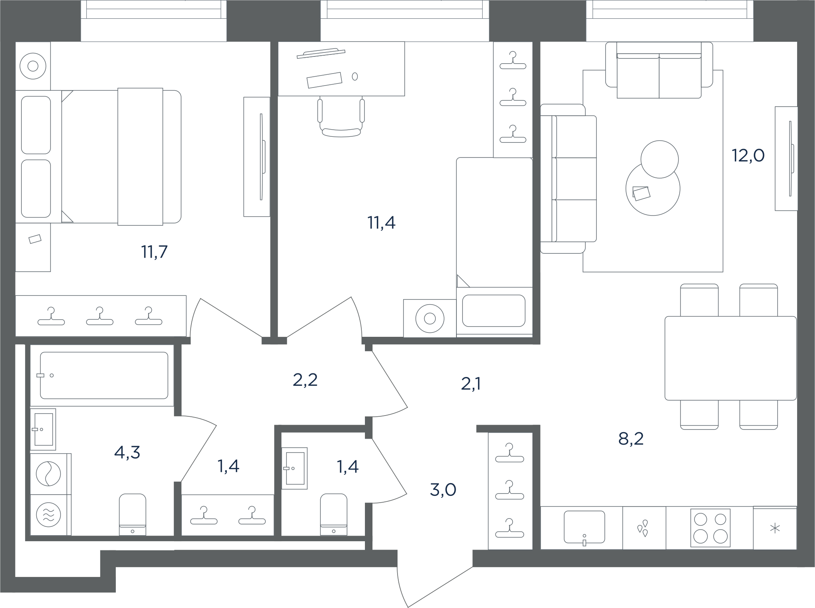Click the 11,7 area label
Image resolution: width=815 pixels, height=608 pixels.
154,252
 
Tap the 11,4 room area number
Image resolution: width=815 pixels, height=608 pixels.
381,223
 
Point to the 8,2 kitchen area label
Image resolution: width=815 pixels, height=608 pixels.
631,439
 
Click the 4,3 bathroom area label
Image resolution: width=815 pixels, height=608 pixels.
127,453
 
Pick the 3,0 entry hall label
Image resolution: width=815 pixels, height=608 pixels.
443,490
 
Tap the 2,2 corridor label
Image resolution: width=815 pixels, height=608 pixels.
305,380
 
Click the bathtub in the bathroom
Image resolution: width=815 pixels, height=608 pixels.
104,375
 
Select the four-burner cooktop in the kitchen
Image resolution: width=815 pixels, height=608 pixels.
710,528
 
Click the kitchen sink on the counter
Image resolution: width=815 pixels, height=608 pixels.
584,527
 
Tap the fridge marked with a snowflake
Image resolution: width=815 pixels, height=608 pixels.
775,528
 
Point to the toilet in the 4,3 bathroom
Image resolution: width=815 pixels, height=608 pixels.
133,515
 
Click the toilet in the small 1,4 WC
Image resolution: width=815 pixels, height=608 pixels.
333,515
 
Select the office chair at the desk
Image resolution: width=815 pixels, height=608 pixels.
341,118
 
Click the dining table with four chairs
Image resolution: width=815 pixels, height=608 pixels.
731,358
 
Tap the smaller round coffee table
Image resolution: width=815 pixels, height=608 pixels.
659,159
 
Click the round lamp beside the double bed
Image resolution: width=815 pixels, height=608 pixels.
33,66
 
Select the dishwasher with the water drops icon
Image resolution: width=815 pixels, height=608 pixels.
644,528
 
